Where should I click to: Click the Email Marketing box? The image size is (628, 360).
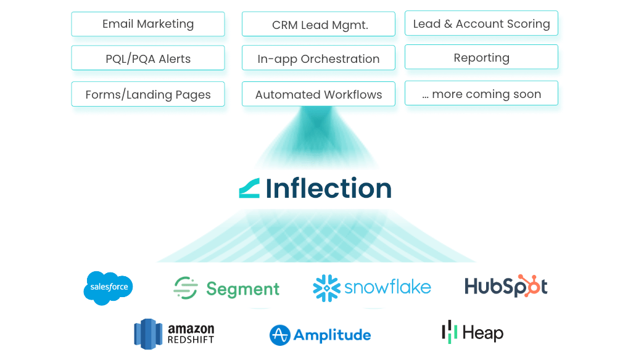click(x=148, y=24)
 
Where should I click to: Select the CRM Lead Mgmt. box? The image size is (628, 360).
click(x=318, y=25)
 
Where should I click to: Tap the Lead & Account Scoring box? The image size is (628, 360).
click(x=481, y=23)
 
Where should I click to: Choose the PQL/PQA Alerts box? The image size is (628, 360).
click(x=148, y=59)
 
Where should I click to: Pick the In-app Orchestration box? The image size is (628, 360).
click(x=318, y=59)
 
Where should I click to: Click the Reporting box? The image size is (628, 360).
click(x=481, y=57)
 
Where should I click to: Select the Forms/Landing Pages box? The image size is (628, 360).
click(x=148, y=94)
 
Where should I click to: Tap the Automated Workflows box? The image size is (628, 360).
click(x=318, y=94)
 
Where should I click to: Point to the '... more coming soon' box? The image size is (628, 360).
click(x=481, y=94)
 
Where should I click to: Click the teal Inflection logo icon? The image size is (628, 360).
click(x=249, y=188)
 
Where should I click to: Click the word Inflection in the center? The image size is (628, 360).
click(x=329, y=188)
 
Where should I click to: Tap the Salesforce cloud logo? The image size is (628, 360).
click(x=108, y=288)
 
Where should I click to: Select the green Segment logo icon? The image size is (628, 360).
click(x=185, y=288)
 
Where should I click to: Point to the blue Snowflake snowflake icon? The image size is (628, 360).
click(x=326, y=288)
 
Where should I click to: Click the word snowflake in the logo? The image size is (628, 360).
click(x=387, y=287)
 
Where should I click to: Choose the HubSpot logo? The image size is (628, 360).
click(x=506, y=286)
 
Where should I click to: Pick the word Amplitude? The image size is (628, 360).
click(x=333, y=335)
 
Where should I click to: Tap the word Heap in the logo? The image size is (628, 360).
click(x=483, y=333)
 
